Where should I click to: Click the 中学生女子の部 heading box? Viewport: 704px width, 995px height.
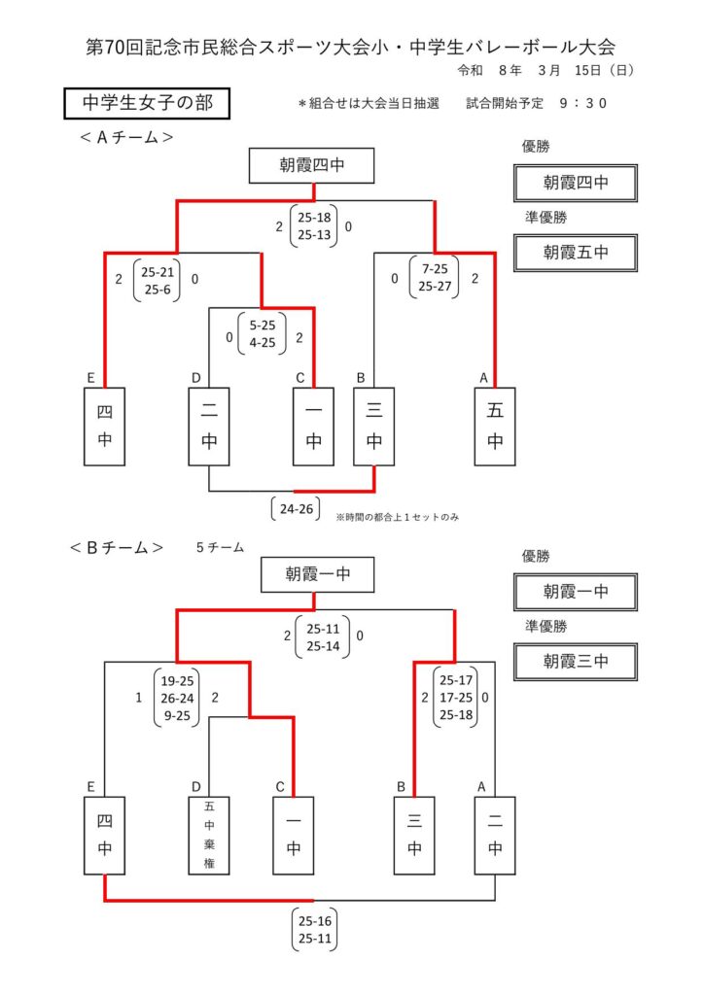click(146, 104)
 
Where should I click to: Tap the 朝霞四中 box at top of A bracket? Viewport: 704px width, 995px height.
click(311, 166)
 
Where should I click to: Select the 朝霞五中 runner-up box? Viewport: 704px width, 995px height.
click(576, 253)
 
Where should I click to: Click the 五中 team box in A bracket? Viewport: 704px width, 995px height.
click(495, 428)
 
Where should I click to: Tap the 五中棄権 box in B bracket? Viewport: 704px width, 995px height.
click(209, 835)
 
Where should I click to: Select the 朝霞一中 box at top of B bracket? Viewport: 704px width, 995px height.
click(318, 575)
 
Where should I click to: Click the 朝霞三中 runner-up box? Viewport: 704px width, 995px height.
click(576, 662)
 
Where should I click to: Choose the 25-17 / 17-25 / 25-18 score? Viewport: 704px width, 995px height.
click(454, 697)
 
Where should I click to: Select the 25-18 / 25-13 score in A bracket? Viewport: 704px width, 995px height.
click(314, 226)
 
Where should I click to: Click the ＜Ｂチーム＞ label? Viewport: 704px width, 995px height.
click(116, 548)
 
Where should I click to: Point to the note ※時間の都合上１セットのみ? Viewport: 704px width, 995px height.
click(397, 517)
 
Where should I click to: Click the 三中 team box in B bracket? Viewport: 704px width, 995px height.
click(414, 835)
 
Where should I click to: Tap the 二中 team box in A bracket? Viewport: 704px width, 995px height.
click(209, 428)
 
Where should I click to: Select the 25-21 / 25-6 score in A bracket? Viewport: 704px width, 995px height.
click(157, 279)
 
